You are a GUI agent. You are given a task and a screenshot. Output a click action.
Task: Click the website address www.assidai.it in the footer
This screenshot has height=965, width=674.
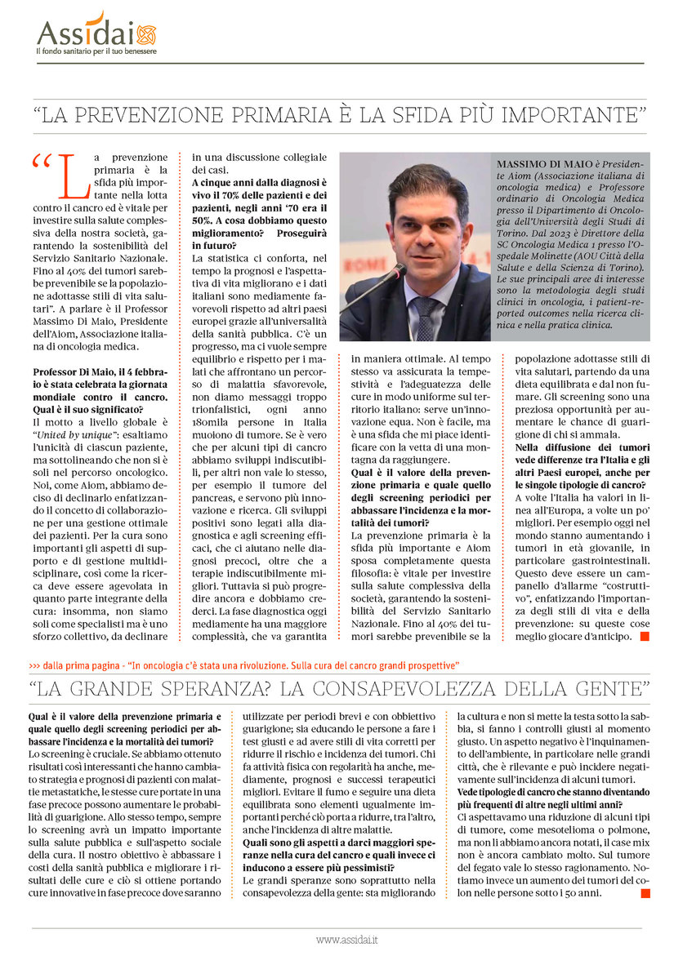tap(346, 940)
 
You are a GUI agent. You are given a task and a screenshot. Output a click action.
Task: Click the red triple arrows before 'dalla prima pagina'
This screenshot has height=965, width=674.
tap(34, 664)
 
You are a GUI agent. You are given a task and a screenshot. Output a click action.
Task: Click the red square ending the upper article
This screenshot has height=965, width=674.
tap(644, 635)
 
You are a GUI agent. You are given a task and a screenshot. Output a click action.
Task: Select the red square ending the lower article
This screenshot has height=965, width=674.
tap(644, 893)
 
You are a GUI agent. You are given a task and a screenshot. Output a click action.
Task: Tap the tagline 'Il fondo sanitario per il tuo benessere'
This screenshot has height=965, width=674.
tap(96, 51)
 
